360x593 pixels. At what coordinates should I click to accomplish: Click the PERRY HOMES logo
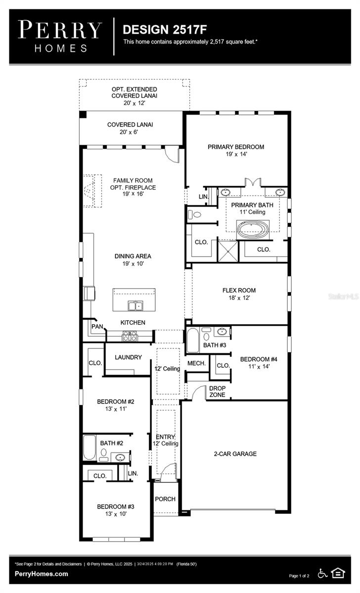[60, 36]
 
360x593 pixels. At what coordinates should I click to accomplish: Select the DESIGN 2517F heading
[161, 30]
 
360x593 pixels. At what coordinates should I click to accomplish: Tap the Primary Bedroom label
[235, 147]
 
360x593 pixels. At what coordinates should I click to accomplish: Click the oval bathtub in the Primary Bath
[253, 230]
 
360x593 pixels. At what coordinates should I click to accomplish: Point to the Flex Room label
[239, 291]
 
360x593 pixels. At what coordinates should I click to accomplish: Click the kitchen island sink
[135, 306]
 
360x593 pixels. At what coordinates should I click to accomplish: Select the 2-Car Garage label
[235, 454]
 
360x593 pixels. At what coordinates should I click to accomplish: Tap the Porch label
[165, 499]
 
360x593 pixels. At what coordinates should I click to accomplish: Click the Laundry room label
[128, 357]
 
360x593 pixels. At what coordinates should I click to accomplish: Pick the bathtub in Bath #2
[90, 448]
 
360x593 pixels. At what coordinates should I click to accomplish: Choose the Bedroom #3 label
[115, 507]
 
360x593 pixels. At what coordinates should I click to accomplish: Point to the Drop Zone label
[217, 391]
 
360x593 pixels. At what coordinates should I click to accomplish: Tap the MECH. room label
[196, 363]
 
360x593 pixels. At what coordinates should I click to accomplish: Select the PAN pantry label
[96, 327]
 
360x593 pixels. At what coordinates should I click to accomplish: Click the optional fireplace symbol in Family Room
[90, 191]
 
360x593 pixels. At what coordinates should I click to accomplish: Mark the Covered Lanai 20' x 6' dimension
[130, 132]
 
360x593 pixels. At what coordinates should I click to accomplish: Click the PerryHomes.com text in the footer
[42, 574]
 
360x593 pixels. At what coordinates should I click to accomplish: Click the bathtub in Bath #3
[192, 341]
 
